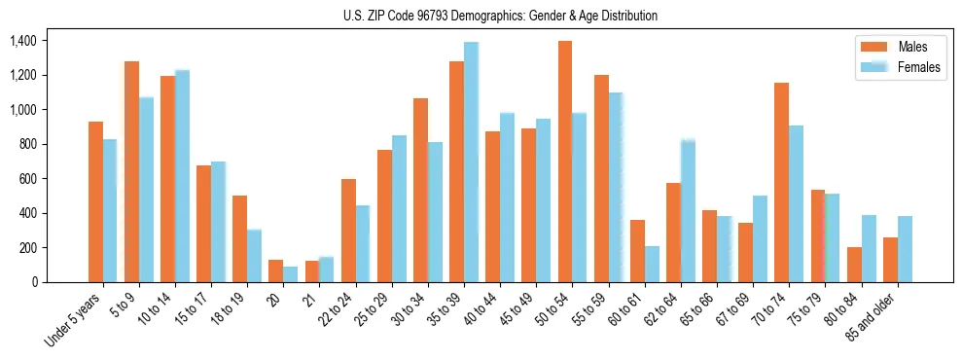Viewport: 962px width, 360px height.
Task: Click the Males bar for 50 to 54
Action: click(x=565, y=162)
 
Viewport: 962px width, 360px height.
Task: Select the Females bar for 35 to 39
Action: click(x=471, y=162)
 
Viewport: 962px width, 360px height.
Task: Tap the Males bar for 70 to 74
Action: click(x=782, y=183)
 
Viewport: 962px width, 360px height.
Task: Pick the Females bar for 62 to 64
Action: click(x=688, y=210)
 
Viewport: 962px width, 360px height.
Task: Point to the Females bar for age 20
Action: click(x=291, y=274)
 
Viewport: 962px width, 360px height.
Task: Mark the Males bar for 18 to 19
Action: click(x=240, y=238)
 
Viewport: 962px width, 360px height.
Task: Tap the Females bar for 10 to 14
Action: click(x=182, y=176)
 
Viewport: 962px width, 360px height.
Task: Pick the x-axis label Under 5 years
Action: click(x=75, y=320)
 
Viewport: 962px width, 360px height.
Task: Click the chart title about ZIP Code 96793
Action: click(x=500, y=16)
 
